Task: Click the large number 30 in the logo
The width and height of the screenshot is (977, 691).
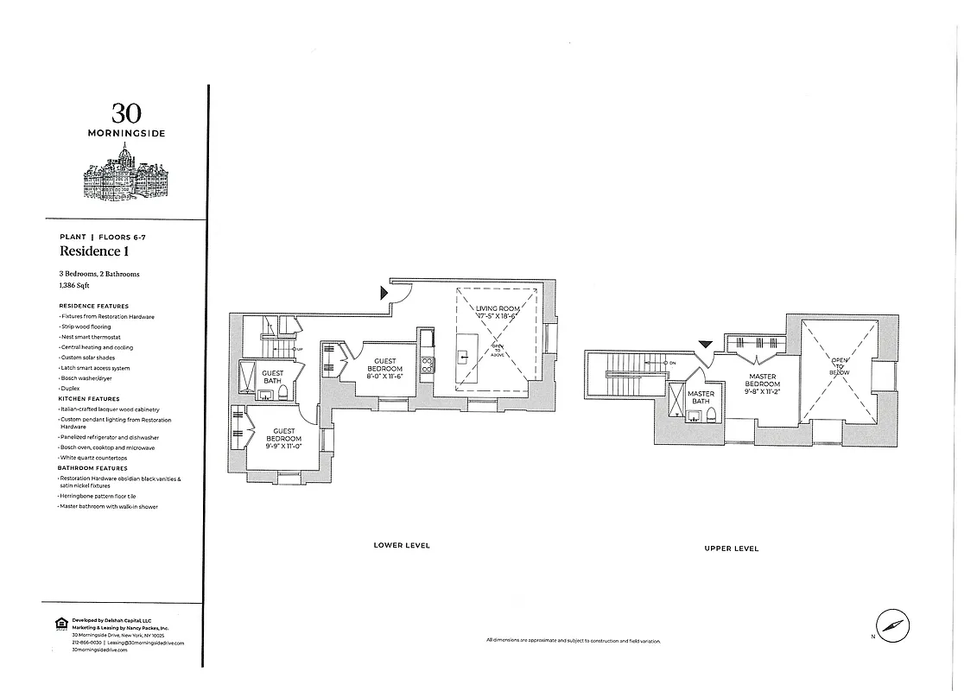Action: pos(126,112)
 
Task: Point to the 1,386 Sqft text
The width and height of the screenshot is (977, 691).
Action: pos(74,284)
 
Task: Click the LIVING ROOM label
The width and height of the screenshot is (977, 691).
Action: pos(497,308)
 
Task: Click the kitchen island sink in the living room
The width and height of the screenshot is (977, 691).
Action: pos(464,353)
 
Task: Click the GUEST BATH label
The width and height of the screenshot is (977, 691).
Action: pos(272,377)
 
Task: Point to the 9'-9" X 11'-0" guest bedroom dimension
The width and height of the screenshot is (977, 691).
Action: pos(284,446)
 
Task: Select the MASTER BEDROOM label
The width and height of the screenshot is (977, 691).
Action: pos(764,380)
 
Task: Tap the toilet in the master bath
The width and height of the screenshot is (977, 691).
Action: pos(710,416)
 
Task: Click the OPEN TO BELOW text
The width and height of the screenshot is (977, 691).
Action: pos(840,365)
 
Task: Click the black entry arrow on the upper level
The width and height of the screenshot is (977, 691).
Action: pos(705,344)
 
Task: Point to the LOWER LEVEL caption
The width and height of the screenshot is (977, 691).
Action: pos(402,545)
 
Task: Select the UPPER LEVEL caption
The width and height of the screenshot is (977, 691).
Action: pos(731,548)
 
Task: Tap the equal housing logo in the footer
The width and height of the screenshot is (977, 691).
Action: pos(60,623)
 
